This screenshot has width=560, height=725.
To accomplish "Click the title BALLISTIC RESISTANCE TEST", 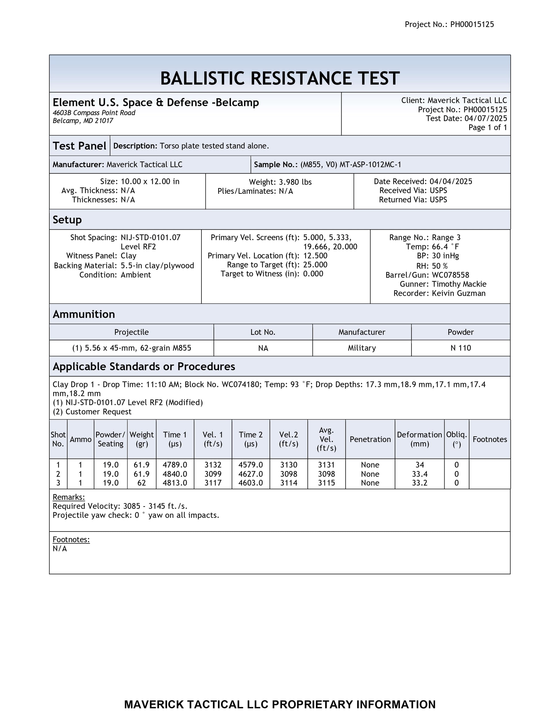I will [280, 78].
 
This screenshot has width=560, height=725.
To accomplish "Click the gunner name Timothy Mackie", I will [459, 284].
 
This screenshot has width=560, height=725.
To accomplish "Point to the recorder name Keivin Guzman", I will [458, 293].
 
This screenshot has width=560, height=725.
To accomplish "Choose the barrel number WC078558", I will [450, 275].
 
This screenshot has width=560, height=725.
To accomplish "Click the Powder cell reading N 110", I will [460, 348].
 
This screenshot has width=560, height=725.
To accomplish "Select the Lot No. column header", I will [263, 332].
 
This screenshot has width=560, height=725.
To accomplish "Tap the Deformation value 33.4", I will [419, 474].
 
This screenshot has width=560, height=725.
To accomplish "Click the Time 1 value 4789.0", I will [175, 465].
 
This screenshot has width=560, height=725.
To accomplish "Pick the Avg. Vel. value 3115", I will [326, 483].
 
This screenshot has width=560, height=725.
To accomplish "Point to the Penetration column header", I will [370, 439].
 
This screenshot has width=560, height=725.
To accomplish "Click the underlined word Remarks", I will [69, 497].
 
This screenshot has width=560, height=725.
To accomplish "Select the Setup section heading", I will [67, 220].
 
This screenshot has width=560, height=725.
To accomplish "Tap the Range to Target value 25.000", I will [315, 265].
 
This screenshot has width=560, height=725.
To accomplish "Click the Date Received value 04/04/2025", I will [451, 181].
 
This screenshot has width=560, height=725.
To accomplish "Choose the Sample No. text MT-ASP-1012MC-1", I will [370, 165].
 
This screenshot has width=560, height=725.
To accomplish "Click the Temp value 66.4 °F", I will [445, 247].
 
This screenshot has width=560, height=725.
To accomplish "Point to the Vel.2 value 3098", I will [289, 474].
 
